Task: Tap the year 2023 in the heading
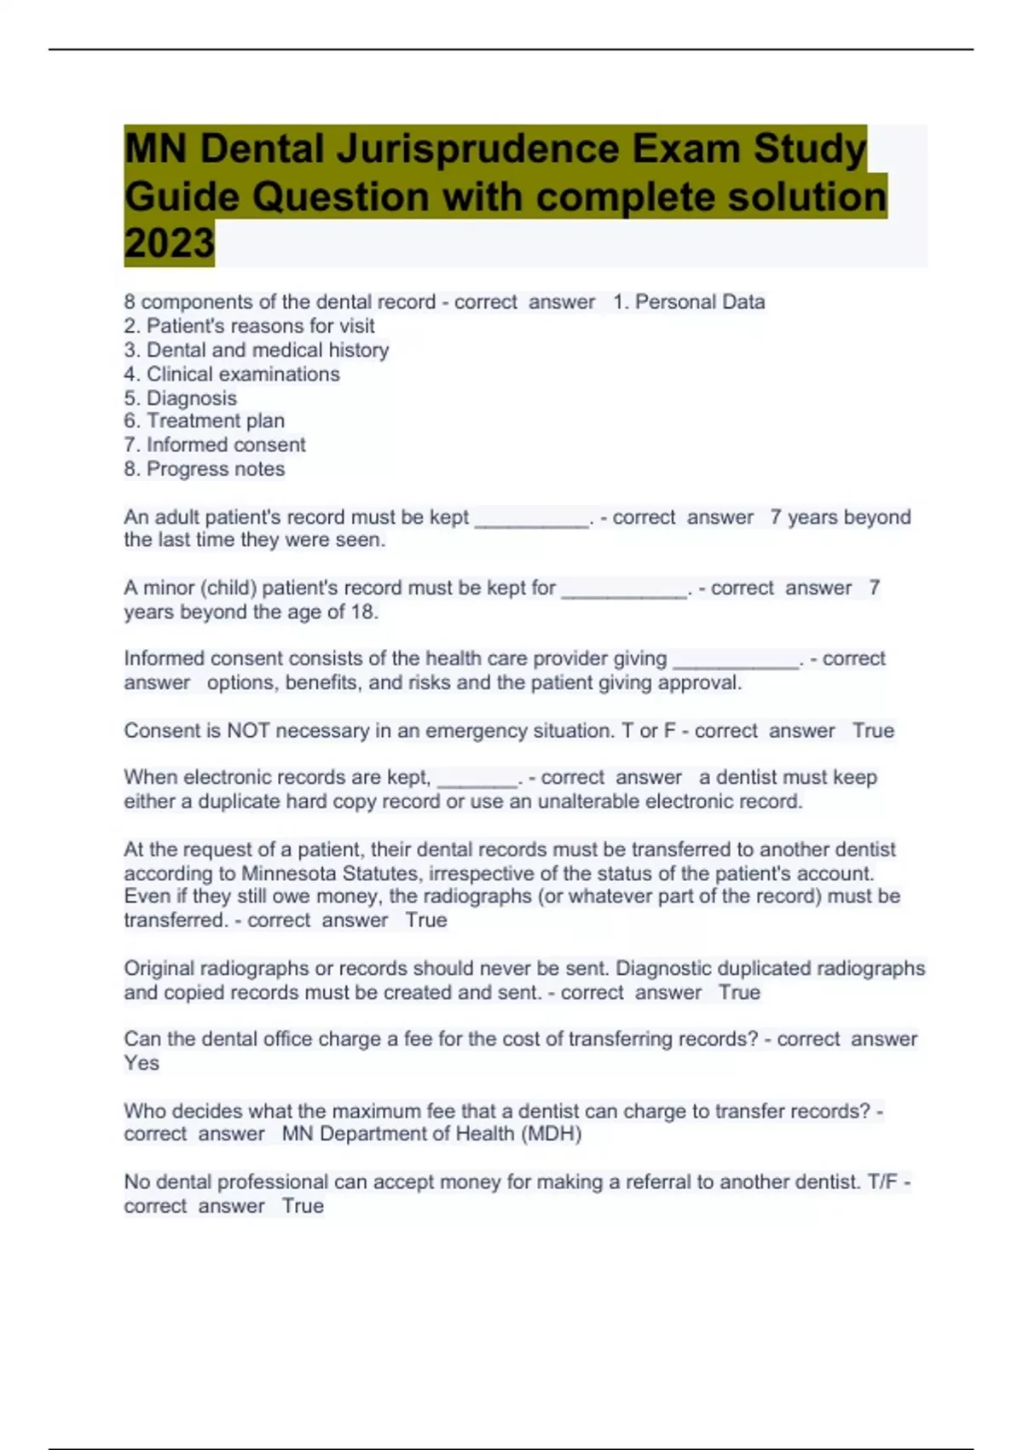[169, 244]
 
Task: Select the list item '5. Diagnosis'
[181, 398]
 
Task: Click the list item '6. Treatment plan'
[205, 421]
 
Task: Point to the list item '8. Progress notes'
[205, 469]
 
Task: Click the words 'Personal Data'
[700, 302]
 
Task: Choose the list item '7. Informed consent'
[215, 445]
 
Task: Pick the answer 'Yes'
[142, 1064]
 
